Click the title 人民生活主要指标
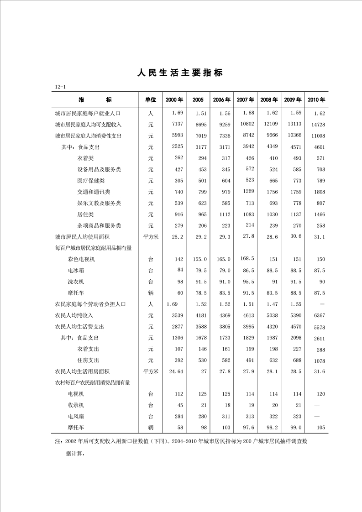(180, 73)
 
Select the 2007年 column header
(245, 99)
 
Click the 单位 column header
(151, 99)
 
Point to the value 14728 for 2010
(316, 125)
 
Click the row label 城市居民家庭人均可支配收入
(88, 124)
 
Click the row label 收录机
(76, 405)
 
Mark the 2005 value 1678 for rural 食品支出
(200, 338)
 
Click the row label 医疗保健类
(91, 181)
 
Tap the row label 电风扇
(76, 416)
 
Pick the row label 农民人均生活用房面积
(82, 371)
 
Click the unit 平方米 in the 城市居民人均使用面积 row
(151, 237)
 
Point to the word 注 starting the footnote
(57, 441)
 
